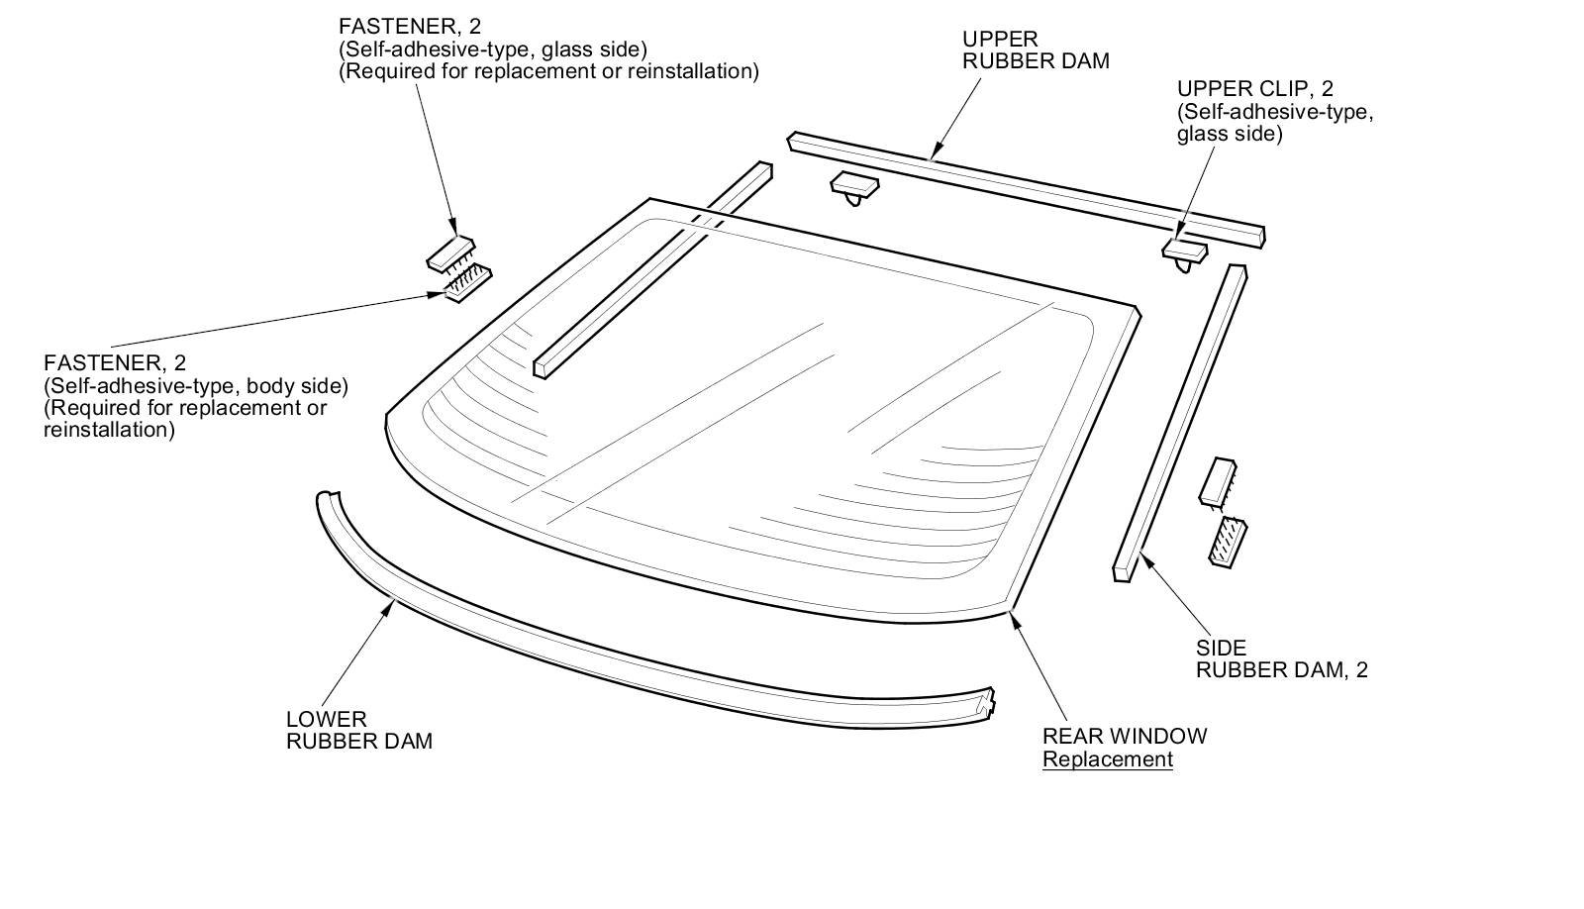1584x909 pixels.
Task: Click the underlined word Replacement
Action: (x=1107, y=759)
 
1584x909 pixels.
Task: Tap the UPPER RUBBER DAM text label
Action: (x=1036, y=50)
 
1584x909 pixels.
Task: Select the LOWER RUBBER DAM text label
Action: (x=358, y=730)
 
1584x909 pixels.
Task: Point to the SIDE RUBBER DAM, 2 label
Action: (x=1281, y=659)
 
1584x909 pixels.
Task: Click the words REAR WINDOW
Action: (x=1125, y=737)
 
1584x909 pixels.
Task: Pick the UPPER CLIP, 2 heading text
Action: (x=1254, y=89)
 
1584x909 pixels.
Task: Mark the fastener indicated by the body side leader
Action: (x=467, y=284)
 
